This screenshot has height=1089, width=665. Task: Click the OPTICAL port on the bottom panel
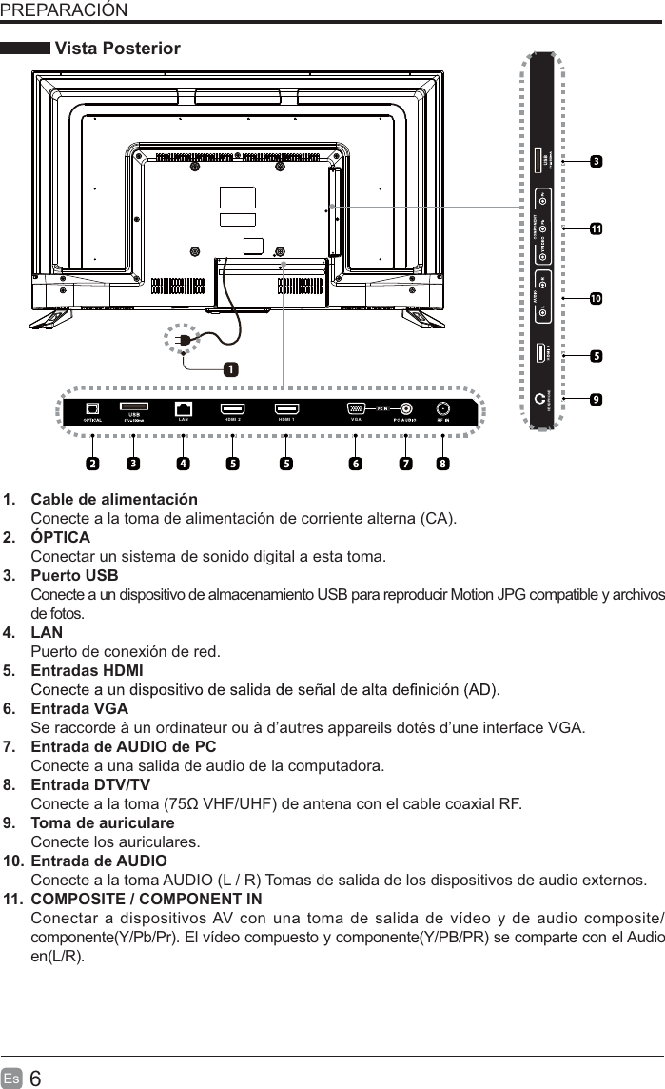(x=93, y=409)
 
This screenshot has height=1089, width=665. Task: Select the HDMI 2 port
(x=232, y=409)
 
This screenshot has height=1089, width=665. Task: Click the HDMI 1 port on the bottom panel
(x=285, y=409)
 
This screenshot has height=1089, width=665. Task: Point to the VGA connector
(x=355, y=409)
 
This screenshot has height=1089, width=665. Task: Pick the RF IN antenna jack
(x=442, y=409)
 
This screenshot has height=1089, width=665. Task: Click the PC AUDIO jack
(x=407, y=409)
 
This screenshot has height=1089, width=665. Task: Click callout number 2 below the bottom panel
(x=92, y=465)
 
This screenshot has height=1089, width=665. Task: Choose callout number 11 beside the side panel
(x=596, y=229)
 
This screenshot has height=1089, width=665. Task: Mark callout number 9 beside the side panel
(x=596, y=399)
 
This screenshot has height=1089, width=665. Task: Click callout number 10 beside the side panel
(x=596, y=298)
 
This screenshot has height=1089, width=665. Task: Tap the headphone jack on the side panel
(x=542, y=399)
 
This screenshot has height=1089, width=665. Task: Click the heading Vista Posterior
(x=118, y=49)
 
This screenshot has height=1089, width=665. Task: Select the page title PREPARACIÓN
(x=64, y=10)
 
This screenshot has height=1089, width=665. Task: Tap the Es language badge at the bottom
(x=12, y=1078)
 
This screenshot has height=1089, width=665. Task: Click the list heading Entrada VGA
(x=80, y=709)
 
